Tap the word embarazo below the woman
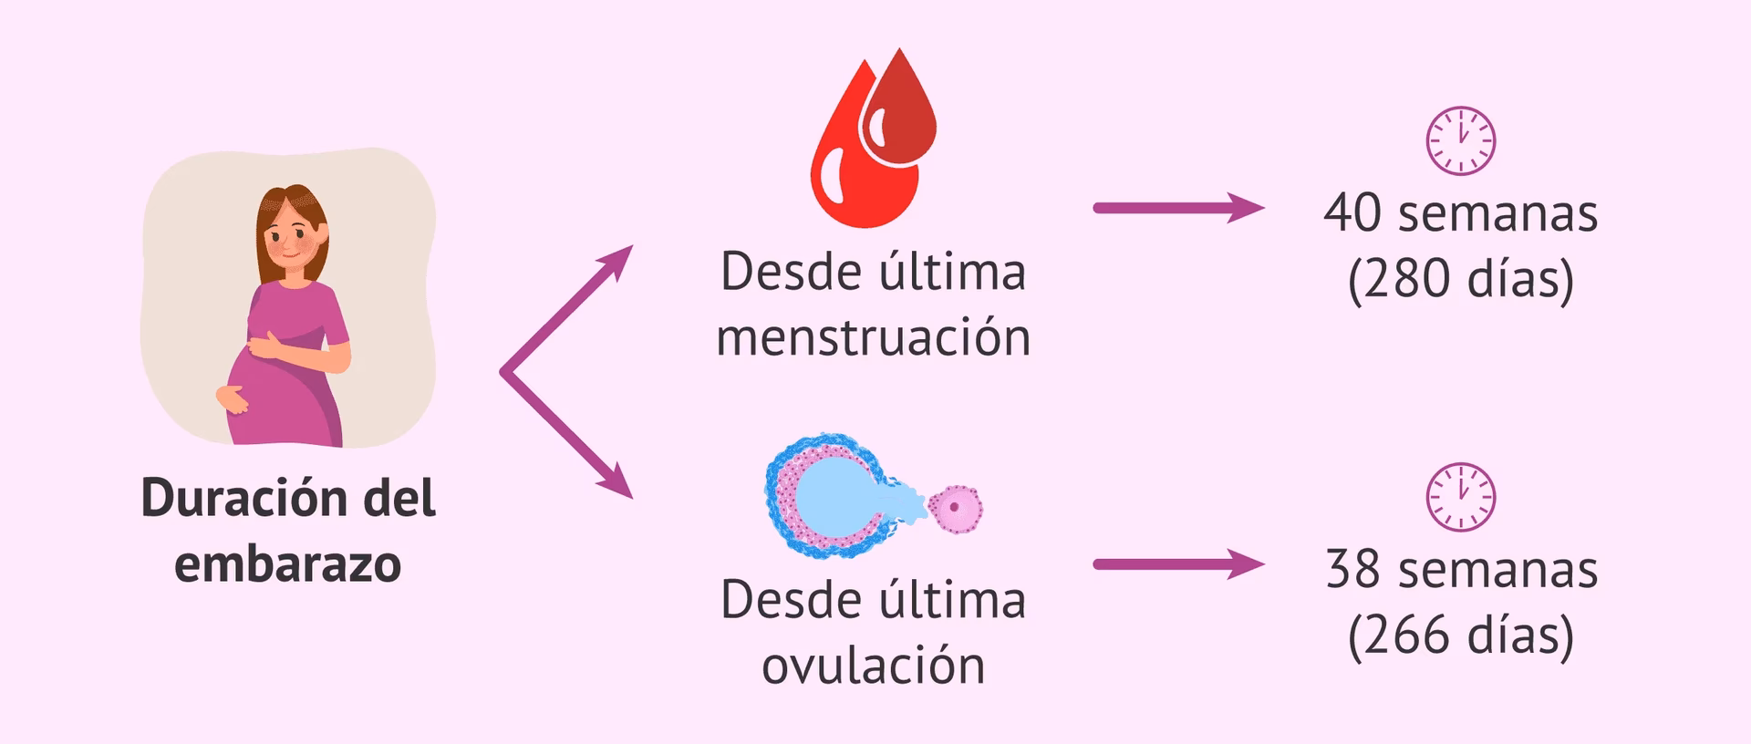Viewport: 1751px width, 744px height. (287, 564)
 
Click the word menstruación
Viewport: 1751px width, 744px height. (873, 337)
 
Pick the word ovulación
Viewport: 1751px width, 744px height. (873, 666)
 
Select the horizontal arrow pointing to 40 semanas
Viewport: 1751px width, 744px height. (1177, 208)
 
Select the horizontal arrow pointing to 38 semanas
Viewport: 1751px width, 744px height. (1177, 564)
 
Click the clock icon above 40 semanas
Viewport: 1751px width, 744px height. (1460, 141)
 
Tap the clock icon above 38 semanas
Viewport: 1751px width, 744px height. (1460, 497)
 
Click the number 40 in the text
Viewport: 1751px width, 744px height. (1352, 213)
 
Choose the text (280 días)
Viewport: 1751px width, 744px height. (1460, 279)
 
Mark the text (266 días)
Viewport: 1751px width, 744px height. (1460, 635)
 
